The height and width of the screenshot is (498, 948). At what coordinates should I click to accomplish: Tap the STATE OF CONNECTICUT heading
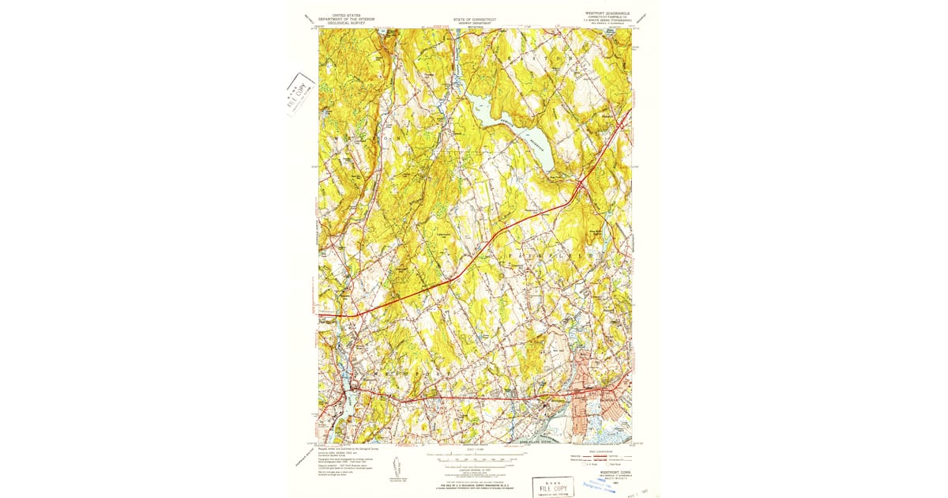[473, 18]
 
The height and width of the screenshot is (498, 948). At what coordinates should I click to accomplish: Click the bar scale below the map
[474, 458]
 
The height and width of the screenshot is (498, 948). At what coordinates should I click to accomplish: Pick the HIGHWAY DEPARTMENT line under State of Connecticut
[473, 23]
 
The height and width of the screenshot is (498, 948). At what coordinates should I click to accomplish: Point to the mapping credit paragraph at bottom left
[348, 458]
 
